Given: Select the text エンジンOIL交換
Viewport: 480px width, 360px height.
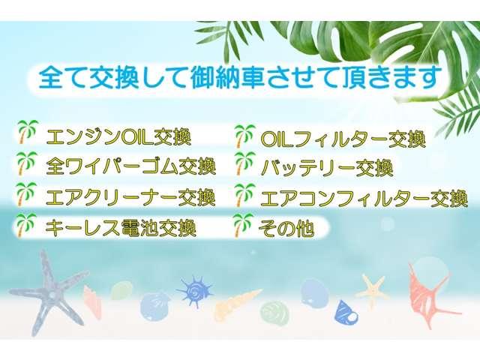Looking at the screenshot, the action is click(x=118, y=136).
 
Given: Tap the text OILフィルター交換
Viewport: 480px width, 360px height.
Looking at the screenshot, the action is click(x=343, y=139).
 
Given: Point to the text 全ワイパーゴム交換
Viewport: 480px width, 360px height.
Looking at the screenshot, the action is click(x=131, y=166).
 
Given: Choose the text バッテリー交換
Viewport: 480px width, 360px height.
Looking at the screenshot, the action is click(x=327, y=168).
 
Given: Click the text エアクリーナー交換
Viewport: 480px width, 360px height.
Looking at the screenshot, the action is click(x=130, y=197).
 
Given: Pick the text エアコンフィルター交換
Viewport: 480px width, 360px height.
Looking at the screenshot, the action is click(x=364, y=198).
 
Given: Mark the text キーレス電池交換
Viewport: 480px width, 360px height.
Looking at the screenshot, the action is click(x=121, y=228).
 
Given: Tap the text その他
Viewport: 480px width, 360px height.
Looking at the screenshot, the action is click(x=286, y=228).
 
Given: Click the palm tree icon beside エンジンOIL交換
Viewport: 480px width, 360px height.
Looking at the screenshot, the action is click(x=28, y=132).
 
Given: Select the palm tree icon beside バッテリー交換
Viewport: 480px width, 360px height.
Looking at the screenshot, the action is click(x=245, y=163).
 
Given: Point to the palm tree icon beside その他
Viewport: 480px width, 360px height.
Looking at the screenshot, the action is click(x=242, y=225).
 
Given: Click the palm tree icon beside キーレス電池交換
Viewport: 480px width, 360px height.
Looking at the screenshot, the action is click(x=25, y=225).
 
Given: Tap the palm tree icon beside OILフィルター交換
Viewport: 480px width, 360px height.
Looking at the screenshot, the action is click(x=245, y=136).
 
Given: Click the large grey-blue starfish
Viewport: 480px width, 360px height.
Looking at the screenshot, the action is click(x=49, y=292).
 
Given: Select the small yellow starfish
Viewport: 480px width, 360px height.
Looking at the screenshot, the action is click(x=371, y=290).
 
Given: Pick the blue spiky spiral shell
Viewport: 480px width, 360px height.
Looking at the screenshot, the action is click(x=194, y=291).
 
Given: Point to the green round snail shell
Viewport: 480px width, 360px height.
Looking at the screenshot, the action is click(x=274, y=313).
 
